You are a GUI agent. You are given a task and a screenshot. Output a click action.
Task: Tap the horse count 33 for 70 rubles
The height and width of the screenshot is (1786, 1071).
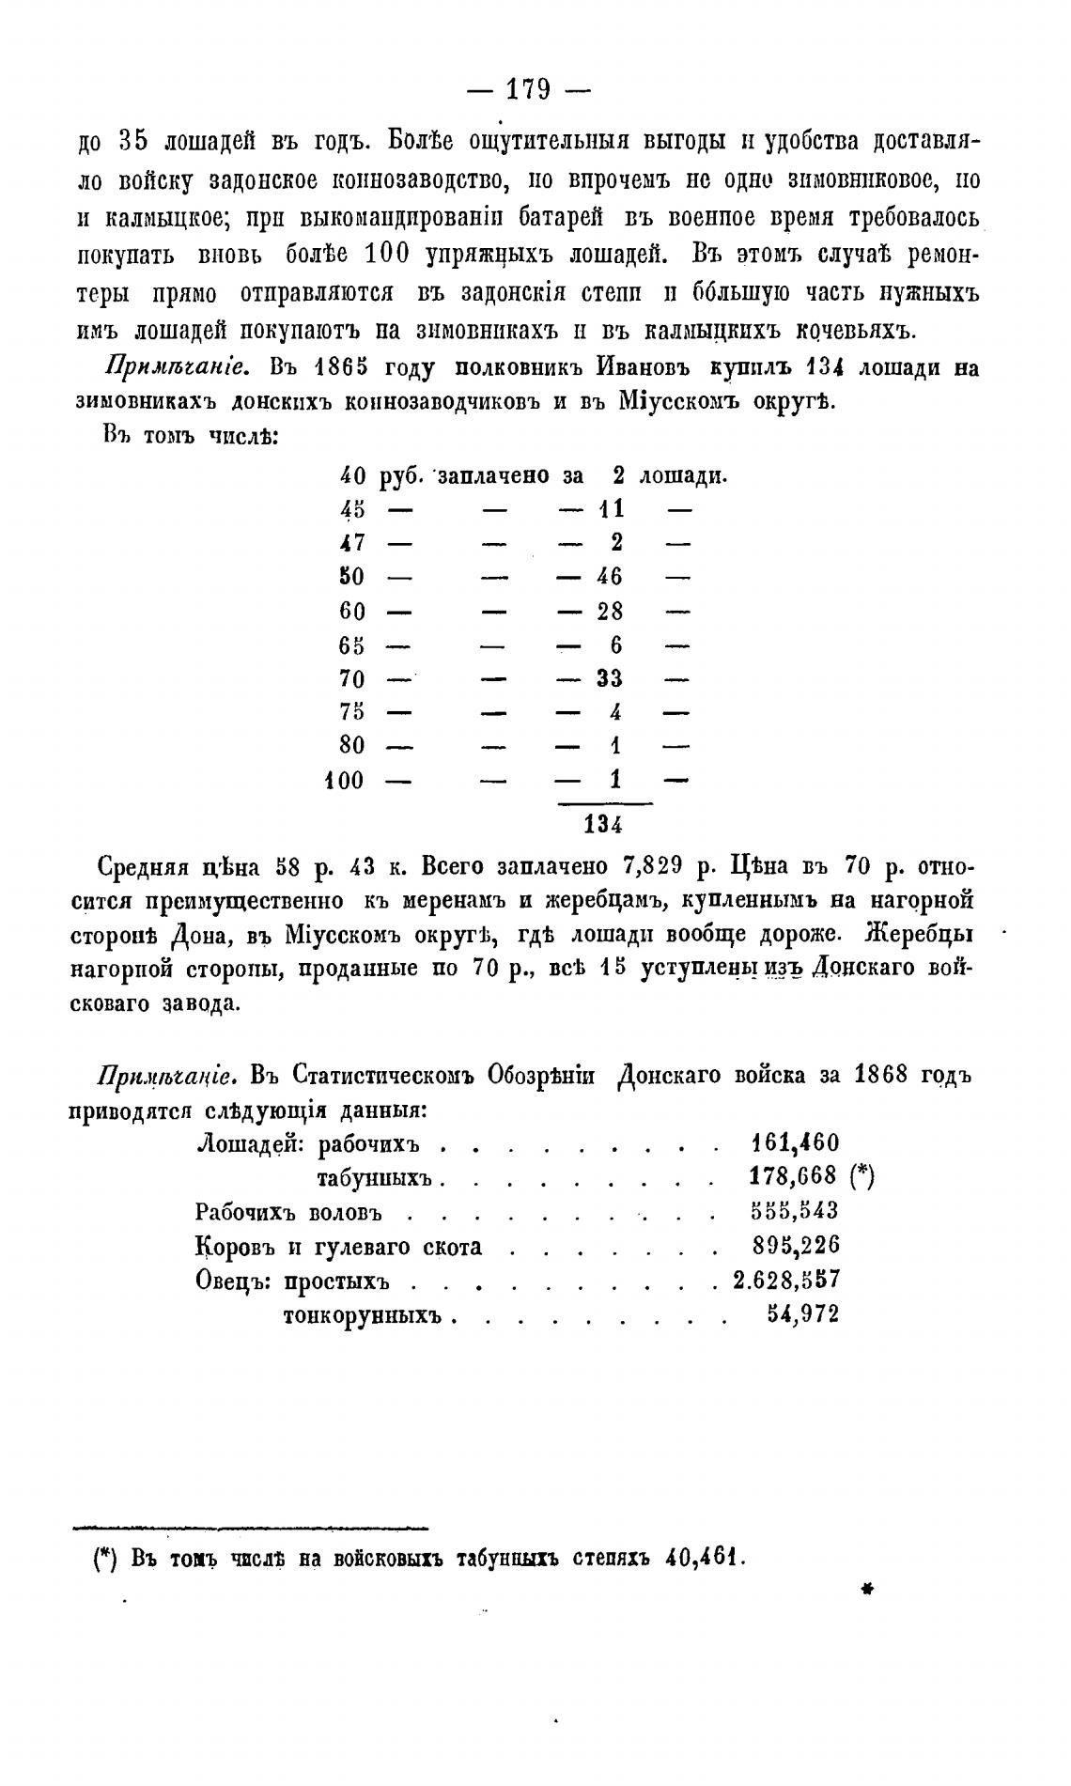coord(609,679)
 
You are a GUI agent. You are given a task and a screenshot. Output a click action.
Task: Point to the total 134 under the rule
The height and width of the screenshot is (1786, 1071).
coord(602,825)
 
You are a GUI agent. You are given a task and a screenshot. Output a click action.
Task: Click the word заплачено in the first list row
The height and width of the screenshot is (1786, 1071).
coord(493,476)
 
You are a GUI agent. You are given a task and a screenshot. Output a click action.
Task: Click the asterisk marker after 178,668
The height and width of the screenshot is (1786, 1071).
coord(861,1177)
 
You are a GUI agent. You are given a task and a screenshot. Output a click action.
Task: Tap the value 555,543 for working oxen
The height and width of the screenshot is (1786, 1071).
coord(796,1211)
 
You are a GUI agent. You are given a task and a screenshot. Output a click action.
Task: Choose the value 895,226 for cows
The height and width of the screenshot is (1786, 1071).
coord(796,1246)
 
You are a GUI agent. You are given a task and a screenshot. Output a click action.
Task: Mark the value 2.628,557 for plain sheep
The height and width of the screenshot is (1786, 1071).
coord(785,1280)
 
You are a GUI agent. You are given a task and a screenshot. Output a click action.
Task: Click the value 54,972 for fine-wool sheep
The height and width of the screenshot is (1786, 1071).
coord(802,1314)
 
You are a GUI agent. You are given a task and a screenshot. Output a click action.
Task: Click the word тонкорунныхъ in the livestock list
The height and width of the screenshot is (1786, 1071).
coord(363,1315)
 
